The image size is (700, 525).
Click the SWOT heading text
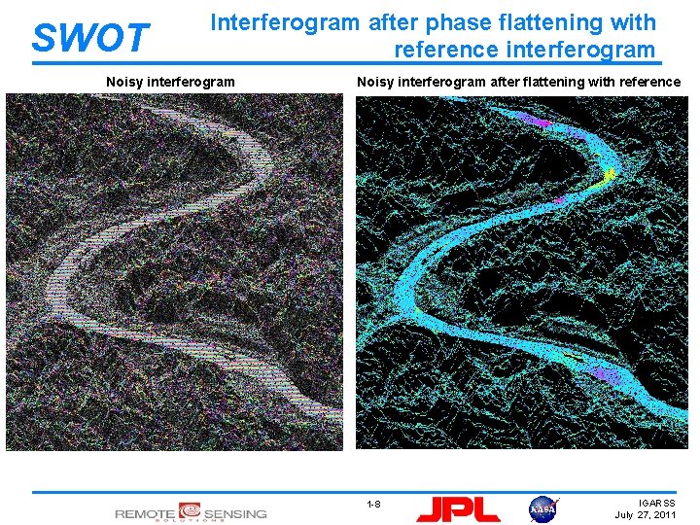(x=89, y=38)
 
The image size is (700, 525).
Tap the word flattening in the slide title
(x=537, y=21)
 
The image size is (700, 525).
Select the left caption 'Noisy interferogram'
(x=170, y=82)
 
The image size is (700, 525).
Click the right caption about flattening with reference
(x=518, y=82)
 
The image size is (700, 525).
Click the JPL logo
(x=458, y=507)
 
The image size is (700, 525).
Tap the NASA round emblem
(x=542, y=507)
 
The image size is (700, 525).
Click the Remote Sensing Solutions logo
(x=191, y=511)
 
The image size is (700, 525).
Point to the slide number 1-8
(x=373, y=504)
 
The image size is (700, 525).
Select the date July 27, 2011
(x=646, y=514)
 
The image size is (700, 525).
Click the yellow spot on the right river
(x=609, y=174)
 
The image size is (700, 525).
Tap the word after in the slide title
(x=394, y=21)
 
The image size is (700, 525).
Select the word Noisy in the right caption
(x=374, y=82)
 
